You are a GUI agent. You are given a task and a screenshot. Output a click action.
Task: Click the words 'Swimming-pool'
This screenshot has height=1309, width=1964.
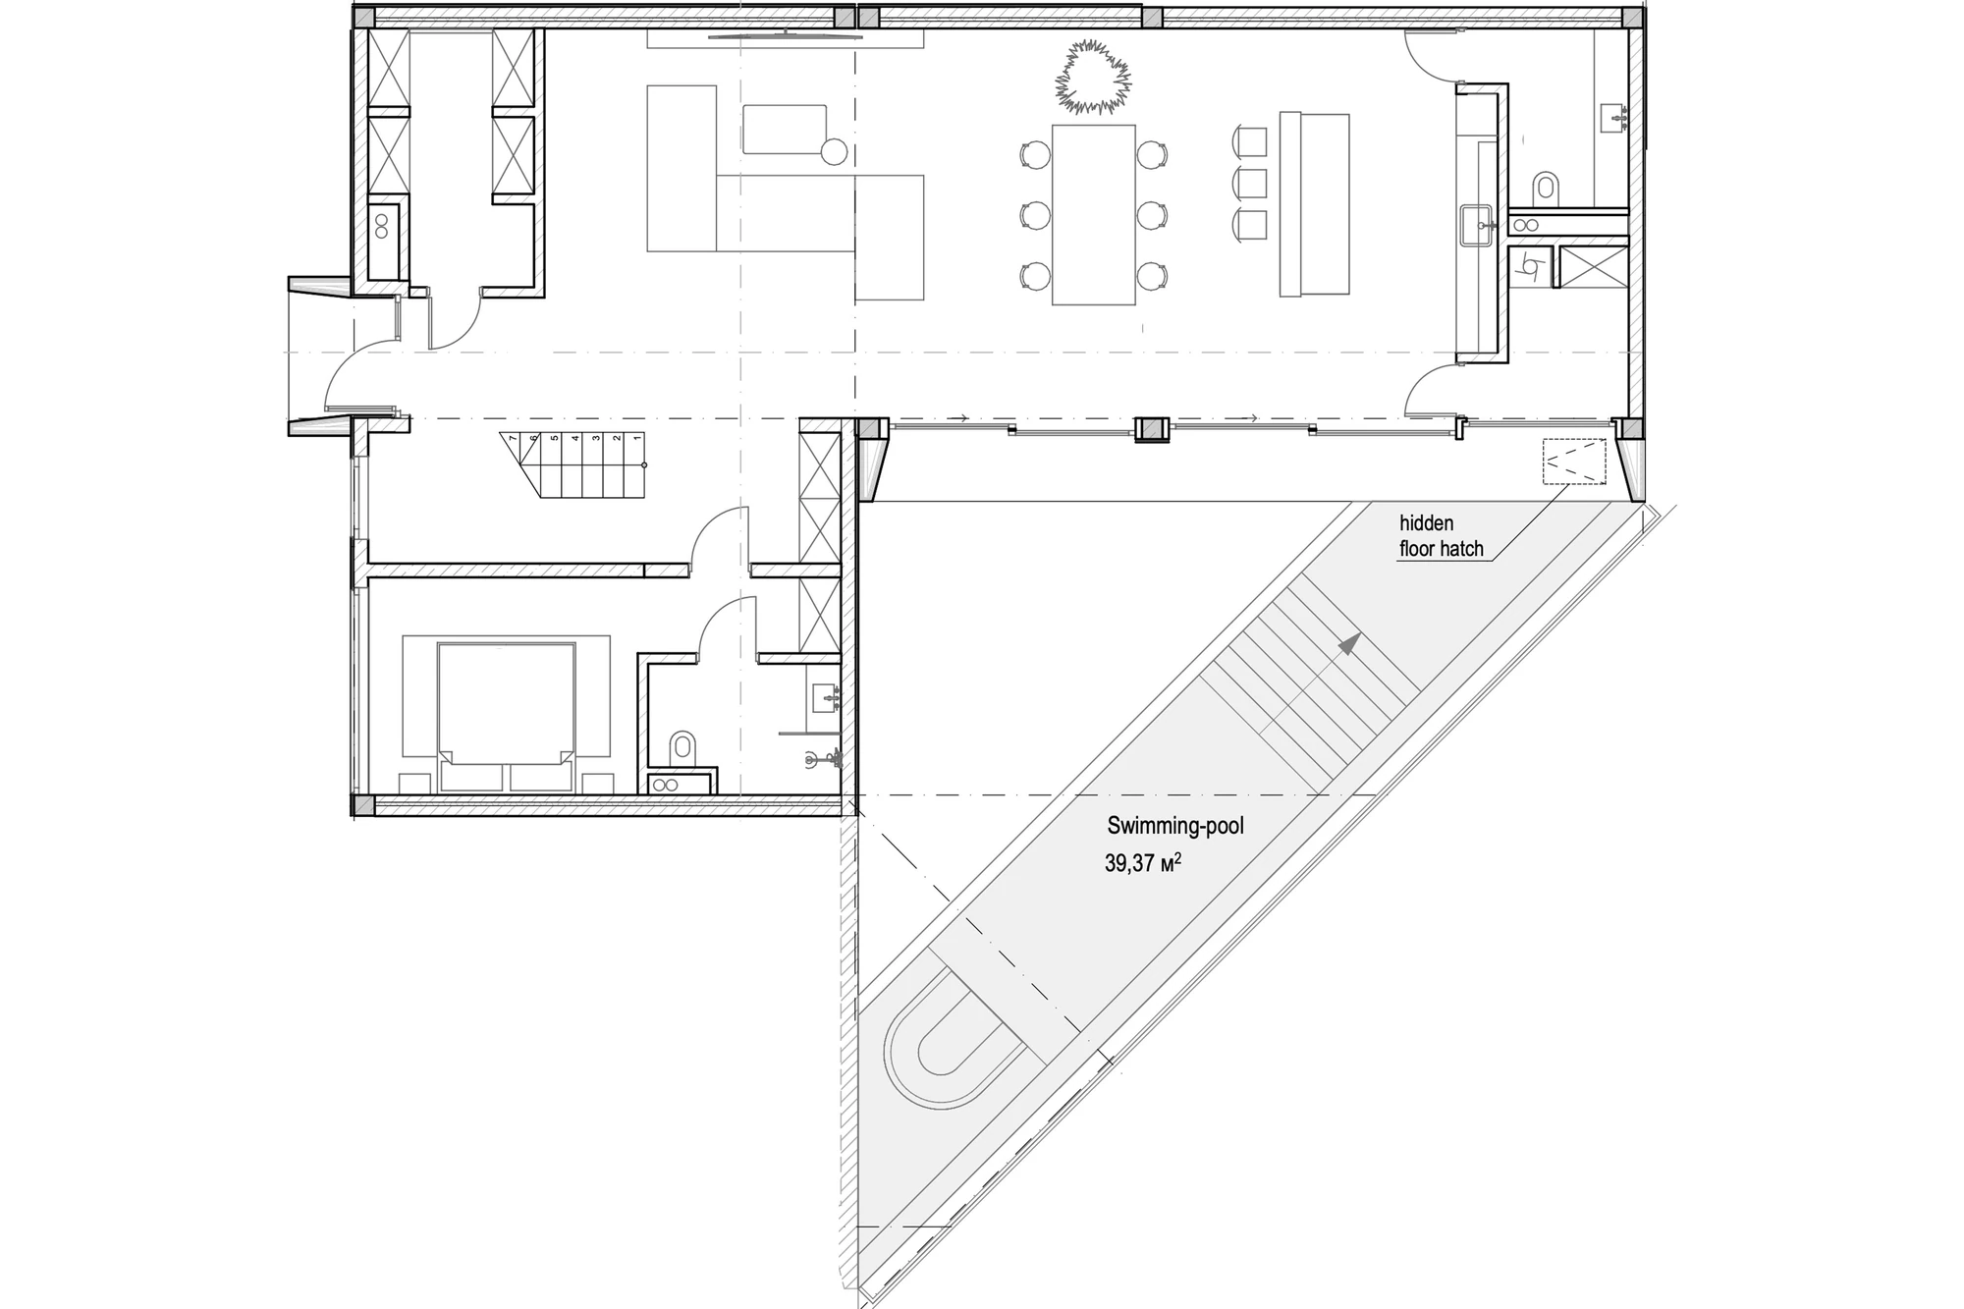point(1175,826)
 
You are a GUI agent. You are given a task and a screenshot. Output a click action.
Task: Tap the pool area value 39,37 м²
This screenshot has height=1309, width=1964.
point(1143,863)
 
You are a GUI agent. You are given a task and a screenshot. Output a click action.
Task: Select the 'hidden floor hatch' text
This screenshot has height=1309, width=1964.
point(1441,536)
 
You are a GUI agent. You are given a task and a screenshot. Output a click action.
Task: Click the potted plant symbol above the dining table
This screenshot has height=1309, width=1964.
point(1093,77)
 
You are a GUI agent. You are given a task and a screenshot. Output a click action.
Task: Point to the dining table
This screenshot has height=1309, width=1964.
point(1094,214)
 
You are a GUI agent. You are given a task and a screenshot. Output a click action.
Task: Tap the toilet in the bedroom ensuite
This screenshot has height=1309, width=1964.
point(682,748)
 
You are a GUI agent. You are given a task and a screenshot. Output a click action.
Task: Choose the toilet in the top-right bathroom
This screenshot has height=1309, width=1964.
point(1547,189)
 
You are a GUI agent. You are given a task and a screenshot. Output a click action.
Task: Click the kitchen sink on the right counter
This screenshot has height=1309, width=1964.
point(1476,225)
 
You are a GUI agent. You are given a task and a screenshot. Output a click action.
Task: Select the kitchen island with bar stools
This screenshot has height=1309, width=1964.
point(1314,204)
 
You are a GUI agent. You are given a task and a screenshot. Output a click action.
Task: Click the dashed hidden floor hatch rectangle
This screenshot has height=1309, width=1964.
point(1574,461)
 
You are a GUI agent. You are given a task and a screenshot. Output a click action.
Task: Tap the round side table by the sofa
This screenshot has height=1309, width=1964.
point(834,151)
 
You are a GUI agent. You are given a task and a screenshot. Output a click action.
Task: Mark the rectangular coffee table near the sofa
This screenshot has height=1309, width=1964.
point(784,129)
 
